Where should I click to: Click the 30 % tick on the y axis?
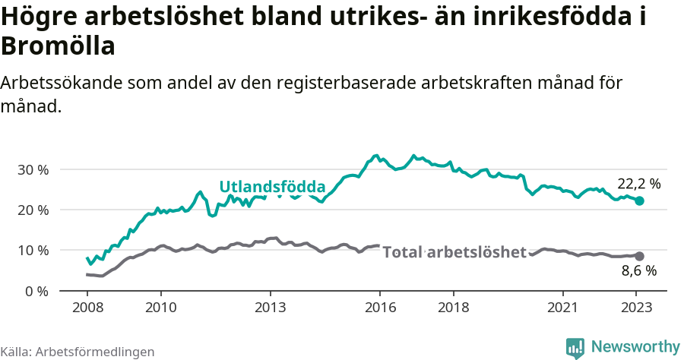[x=33, y=169]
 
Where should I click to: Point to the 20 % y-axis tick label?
[x=33, y=210]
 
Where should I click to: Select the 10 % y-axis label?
[x=33, y=250]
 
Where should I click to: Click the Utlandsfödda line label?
[x=272, y=187]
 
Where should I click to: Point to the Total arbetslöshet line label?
[x=454, y=252]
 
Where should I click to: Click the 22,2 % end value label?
[x=638, y=184]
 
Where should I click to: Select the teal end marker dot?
[x=640, y=201]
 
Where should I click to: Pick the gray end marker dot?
[x=640, y=257]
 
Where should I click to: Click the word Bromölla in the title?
[x=58, y=47]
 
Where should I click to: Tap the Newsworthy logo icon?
[x=575, y=347]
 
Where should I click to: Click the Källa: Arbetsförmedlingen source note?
[x=78, y=352]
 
